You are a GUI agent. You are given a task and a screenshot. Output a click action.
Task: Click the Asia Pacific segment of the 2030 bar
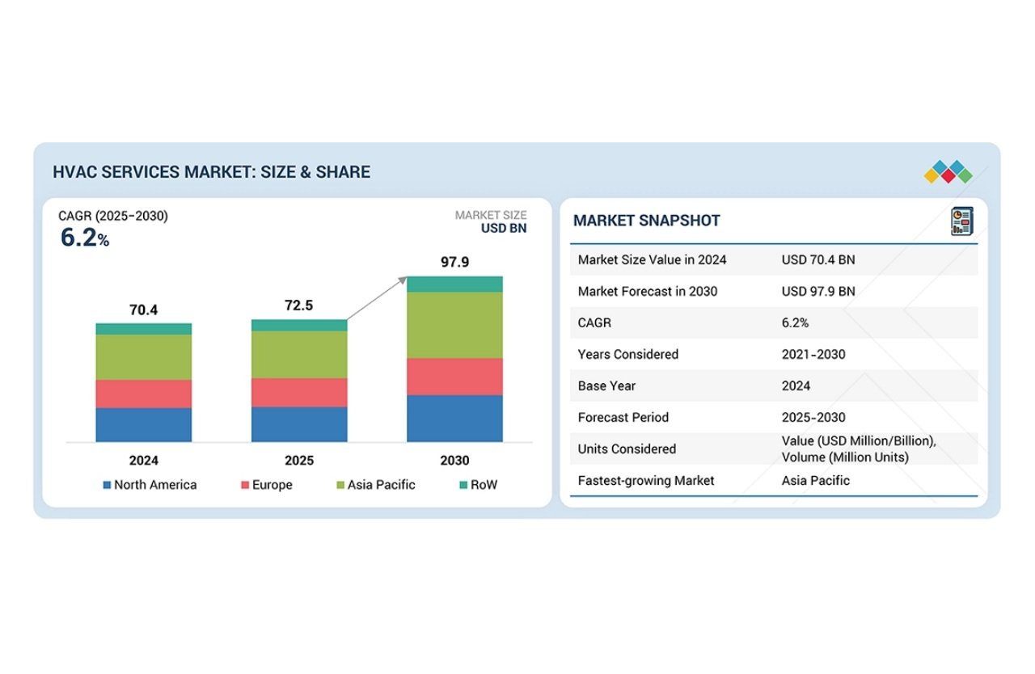(x=454, y=325)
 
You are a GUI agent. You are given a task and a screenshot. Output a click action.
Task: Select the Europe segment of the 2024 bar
(x=144, y=394)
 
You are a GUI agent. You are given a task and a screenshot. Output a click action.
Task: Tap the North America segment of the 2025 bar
(x=299, y=424)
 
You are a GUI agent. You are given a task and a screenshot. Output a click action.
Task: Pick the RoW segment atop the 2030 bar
(x=454, y=284)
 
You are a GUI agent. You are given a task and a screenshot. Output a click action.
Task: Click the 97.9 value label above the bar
(x=454, y=262)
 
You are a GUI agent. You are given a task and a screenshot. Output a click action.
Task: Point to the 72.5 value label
(x=299, y=305)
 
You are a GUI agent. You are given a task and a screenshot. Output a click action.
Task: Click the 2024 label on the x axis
(x=144, y=461)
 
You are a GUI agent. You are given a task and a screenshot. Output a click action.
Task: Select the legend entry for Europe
(x=266, y=485)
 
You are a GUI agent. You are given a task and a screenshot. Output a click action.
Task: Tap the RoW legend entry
(x=478, y=485)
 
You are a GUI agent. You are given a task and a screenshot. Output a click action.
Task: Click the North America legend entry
(x=150, y=485)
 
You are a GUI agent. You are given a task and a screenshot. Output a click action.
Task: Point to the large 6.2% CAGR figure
(x=84, y=238)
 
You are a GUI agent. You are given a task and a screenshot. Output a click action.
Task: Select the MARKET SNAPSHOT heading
(x=646, y=221)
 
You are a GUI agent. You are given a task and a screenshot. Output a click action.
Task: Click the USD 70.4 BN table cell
(x=818, y=259)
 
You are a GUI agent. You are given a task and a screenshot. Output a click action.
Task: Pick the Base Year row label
(x=606, y=385)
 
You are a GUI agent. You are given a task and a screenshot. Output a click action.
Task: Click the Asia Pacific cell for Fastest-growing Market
(x=815, y=480)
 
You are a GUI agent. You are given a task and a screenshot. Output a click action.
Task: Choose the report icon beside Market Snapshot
(x=961, y=221)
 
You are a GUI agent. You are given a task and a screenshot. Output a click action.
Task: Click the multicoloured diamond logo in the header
(x=948, y=171)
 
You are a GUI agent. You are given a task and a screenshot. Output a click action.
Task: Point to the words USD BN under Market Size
(x=504, y=228)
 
